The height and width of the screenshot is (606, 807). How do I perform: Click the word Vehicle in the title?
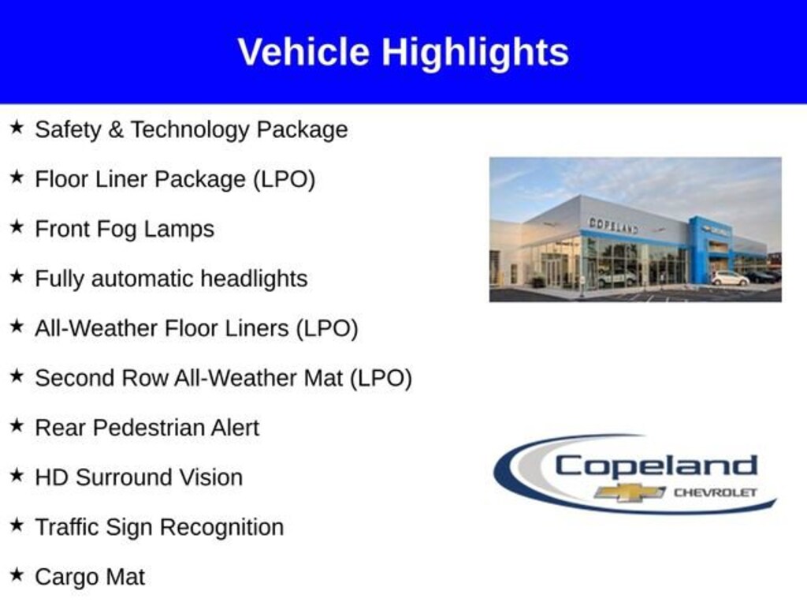click(303, 51)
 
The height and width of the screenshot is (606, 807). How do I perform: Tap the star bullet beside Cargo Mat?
click(17, 574)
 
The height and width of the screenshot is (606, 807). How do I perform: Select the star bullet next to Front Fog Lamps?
click(17, 226)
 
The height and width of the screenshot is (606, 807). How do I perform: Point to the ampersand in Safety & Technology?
click(116, 129)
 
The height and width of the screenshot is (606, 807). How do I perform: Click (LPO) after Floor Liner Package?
click(284, 179)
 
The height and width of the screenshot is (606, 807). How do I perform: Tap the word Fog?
click(117, 230)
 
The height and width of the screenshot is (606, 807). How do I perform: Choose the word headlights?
click(254, 279)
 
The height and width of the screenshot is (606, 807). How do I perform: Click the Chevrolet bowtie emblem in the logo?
click(630, 492)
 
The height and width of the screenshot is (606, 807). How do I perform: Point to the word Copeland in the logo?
click(656, 466)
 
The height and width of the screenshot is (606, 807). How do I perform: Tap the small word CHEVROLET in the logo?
click(716, 492)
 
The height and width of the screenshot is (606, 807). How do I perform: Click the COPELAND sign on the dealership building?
click(613, 225)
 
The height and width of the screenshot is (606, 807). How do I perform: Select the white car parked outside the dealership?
click(730, 279)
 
